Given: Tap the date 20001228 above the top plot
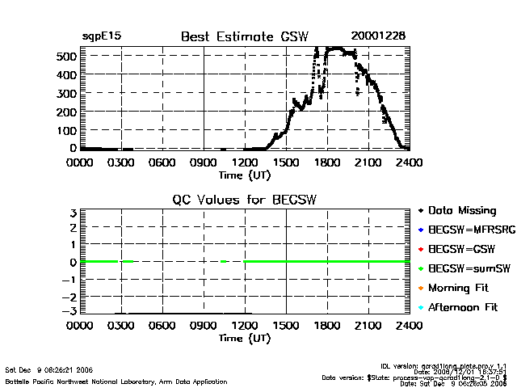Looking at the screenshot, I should click(x=379, y=36).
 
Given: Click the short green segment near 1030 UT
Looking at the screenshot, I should click(x=224, y=262).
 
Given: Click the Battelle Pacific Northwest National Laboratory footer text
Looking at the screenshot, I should click(x=116, y=380).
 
